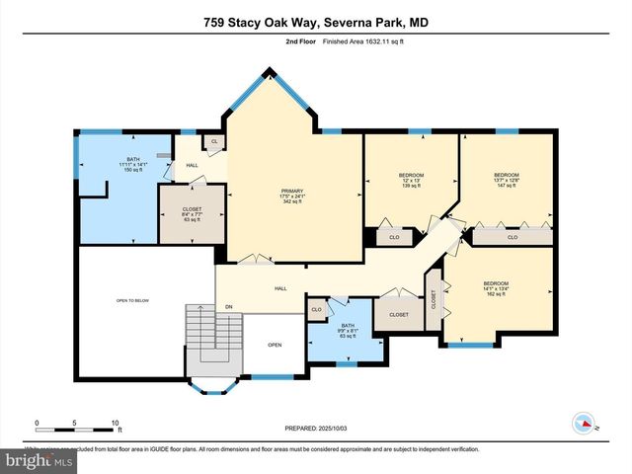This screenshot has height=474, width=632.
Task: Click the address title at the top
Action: (316, 23)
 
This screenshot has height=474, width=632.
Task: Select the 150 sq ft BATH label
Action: (132, 165)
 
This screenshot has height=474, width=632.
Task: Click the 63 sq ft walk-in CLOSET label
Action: (192, 213)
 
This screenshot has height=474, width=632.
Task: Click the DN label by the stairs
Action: (228, 307)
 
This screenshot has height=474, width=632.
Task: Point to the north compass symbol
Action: (586, 423)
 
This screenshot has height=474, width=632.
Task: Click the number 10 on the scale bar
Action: (116, 422)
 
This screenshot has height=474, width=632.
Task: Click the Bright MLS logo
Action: (39, 460)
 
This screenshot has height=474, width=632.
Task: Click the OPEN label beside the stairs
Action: (276, 346)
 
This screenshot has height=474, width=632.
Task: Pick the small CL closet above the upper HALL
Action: (213, 143)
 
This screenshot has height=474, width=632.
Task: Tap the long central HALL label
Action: (280, 288)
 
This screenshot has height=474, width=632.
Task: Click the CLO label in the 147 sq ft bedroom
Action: (512, 237)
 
